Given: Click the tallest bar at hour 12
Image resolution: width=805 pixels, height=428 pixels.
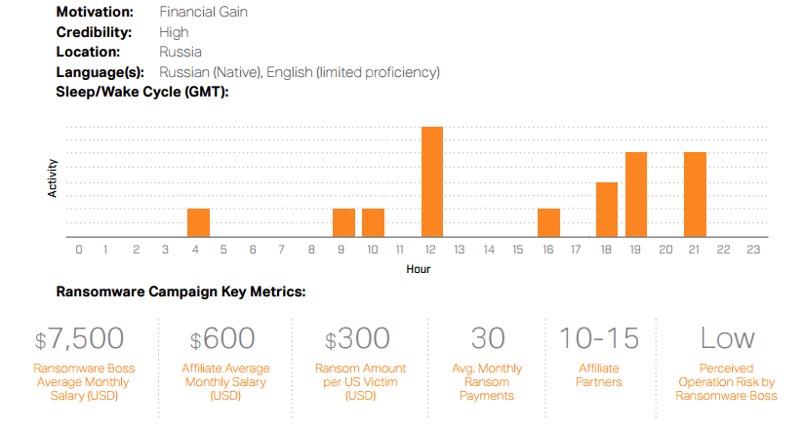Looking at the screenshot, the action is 431,181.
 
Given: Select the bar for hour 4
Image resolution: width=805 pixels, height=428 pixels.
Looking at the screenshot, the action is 198,222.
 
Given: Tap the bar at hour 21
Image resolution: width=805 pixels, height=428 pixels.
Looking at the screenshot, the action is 695,194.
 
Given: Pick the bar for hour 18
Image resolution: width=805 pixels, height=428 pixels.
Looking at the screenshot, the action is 607,210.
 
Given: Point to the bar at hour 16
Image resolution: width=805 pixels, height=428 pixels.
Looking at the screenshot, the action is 548,222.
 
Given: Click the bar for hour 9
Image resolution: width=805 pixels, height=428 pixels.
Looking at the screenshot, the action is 344,222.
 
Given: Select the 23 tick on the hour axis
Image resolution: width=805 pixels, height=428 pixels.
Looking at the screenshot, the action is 753,250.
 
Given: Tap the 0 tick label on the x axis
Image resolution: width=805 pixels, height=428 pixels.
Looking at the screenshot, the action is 79,250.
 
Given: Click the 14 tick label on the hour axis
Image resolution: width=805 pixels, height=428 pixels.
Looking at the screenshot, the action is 489,250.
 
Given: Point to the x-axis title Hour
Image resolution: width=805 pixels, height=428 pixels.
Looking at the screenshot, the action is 419,269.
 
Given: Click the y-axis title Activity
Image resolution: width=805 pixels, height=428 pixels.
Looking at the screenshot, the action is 52,178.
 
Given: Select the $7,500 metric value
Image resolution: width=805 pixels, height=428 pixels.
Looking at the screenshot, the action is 79,338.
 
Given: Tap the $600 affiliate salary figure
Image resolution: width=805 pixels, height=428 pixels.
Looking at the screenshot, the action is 222,338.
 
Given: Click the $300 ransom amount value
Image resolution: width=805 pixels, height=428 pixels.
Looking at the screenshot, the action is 357,338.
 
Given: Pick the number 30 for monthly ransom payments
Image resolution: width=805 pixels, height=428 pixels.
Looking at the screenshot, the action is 488,338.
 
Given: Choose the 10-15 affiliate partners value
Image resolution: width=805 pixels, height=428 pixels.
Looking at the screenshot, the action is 598,338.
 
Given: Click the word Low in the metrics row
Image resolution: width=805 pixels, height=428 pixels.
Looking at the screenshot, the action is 728,338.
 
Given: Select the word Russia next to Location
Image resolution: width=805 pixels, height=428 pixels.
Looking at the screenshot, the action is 181,52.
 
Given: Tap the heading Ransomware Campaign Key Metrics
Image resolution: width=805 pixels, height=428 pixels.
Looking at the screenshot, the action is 181,292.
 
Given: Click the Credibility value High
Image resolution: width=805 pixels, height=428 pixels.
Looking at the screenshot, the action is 174,32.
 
